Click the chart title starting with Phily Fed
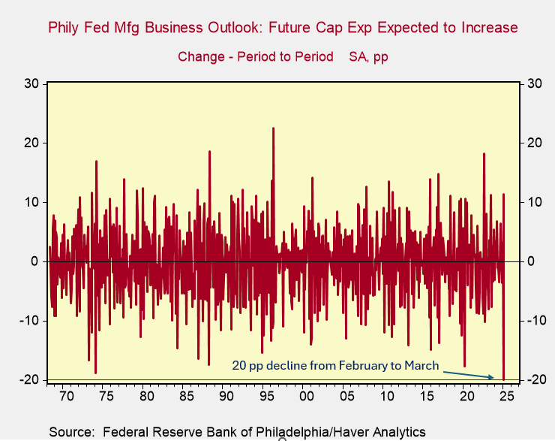click(x=283, y=29)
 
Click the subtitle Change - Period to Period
click(x=256, y=57)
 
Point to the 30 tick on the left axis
click(x=31, y=83)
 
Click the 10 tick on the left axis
click(x=31, y=202)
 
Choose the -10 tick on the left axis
click(x=29, y=321)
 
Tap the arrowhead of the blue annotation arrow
click(x=493, y=377)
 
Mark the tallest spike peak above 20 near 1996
click(x=273, y=128)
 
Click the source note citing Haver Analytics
click(x=237, y=431)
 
